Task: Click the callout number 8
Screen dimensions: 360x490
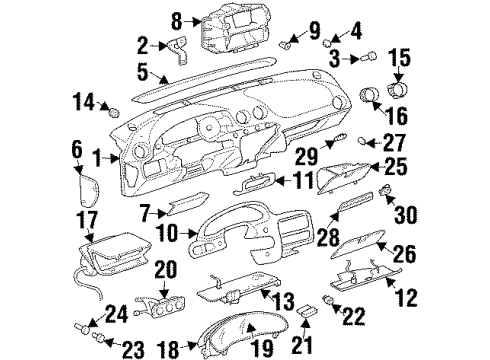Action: pyautogui.click(x=177, y=19)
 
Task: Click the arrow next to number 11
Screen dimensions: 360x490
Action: pyautogui.click(x=278, y=181)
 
